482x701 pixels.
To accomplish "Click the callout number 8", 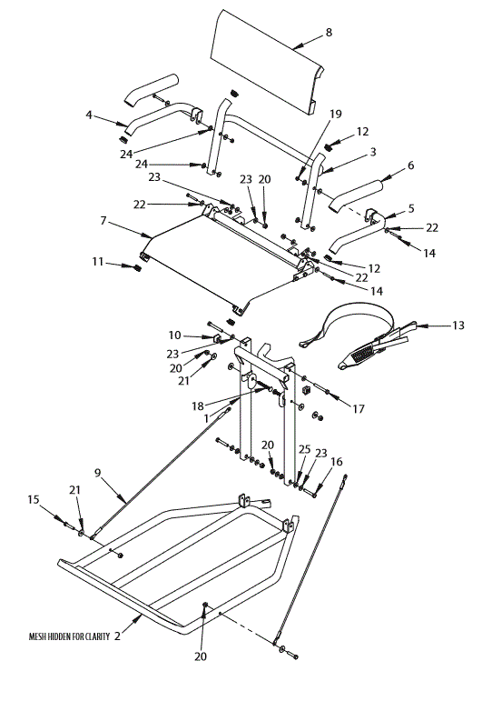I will click(x=329, y=33).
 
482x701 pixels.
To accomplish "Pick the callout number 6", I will click(x=410, y=165).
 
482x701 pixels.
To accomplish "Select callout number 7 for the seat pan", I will click(x=103, y=221).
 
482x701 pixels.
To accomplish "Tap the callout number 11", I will click(x=97, y=262).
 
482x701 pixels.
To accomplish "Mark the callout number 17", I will click(x=359, y=409).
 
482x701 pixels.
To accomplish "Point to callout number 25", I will click(x=303, y=450).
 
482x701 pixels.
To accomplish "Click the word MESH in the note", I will click(x=42, y=636).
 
